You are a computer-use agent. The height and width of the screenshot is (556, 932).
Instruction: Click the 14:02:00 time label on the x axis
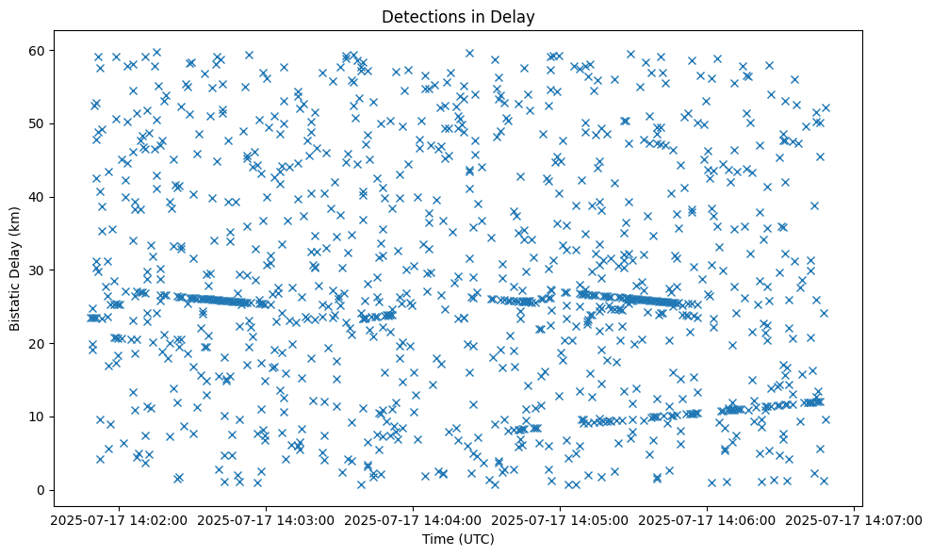[x=120, y=519]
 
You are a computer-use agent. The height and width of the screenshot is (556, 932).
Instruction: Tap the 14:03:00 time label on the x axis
[x=267, y=519]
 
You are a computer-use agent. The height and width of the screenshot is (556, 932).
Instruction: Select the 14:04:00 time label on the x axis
[x=414, y=519]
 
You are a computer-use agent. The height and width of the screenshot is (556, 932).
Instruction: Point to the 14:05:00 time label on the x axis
[x=561, y=519]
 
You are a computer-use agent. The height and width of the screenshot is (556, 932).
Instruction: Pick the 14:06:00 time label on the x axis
[x=708, y=519]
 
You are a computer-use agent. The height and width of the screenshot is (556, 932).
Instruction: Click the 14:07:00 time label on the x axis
[x=855, y=519]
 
